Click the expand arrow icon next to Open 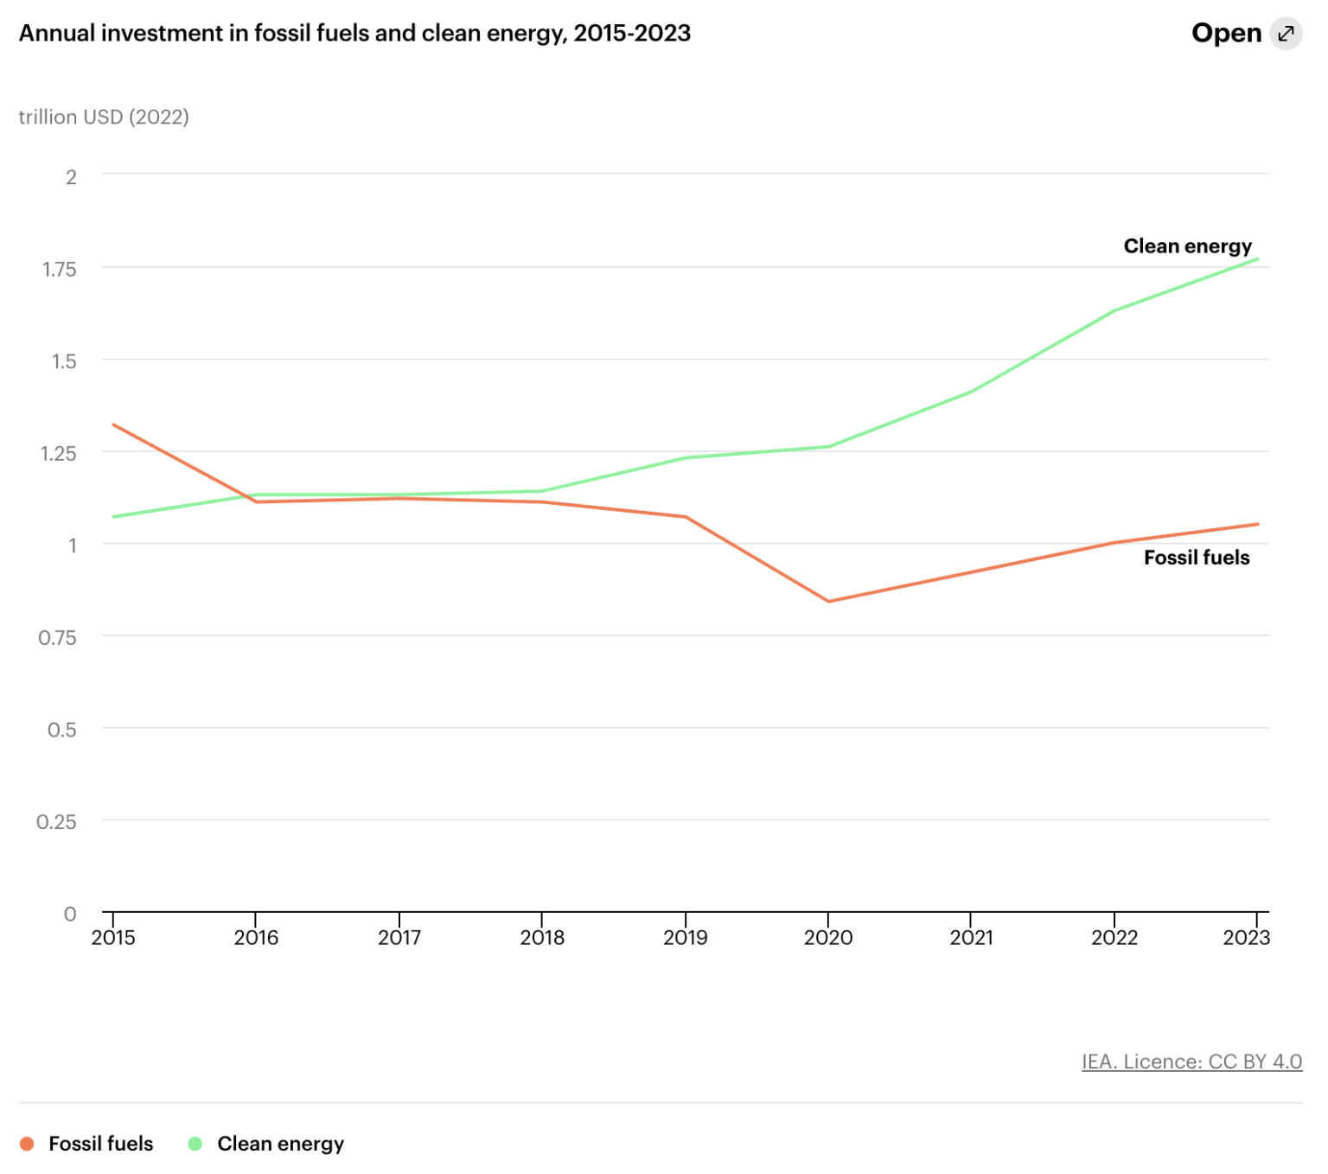[x=1286, y=34]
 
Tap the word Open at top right [x=1226, y=34]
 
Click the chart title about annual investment [x=354, y=34]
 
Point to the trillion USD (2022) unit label [x=104, y=117]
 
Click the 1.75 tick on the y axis [x=60, y=270]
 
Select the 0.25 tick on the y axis [x=57, y=822]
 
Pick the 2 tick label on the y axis [x=71, y=177]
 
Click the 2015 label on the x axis [x=113, y=938]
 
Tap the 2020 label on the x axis [x=828, y=938]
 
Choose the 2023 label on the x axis [x=1246, y=938]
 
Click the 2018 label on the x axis [x=542, y=938]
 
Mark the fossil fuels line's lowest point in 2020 [x=828, y=602]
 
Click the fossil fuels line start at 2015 [x=114, y=424]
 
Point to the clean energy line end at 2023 [x=1257, y=259]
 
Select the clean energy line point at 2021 [x=971, y=392]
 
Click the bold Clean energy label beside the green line [x=1187, y=246]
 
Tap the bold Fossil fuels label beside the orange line [x=1197, y=558]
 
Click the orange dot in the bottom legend [x=27, y=1144]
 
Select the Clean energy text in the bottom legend [x=280, y=1144]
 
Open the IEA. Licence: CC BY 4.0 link [x=1191, y=1062]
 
